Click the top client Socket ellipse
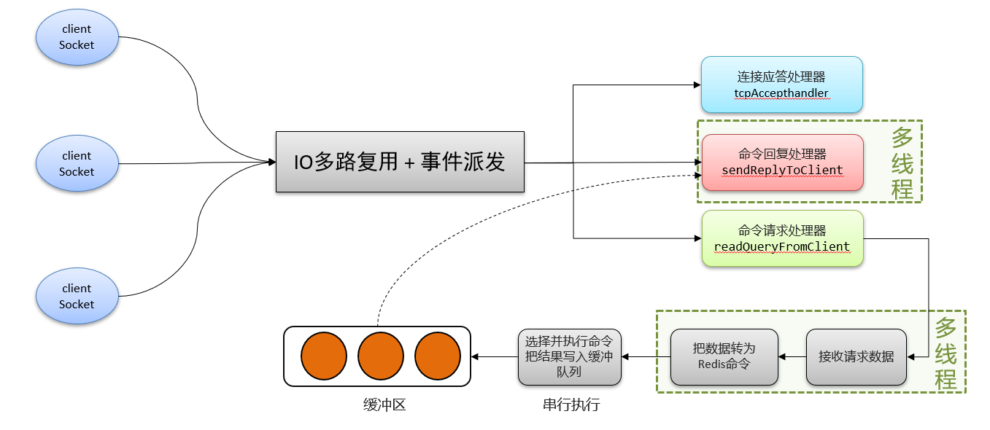(77, 37)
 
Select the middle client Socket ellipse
(77, 163)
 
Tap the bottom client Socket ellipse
(77, 296)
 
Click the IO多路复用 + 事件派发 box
(400, 162)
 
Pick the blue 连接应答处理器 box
(781, 85)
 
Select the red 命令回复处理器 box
(781, 162)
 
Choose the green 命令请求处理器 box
(781, 238)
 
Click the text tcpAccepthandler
(781, 94)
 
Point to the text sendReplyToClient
(781, 171)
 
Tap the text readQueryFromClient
(781, 246)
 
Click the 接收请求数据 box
(856, 357)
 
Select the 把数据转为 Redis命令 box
(724, 357)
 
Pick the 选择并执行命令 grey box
(569, 356)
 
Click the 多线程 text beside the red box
(902, 162)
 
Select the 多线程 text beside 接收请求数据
(945, 353)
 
